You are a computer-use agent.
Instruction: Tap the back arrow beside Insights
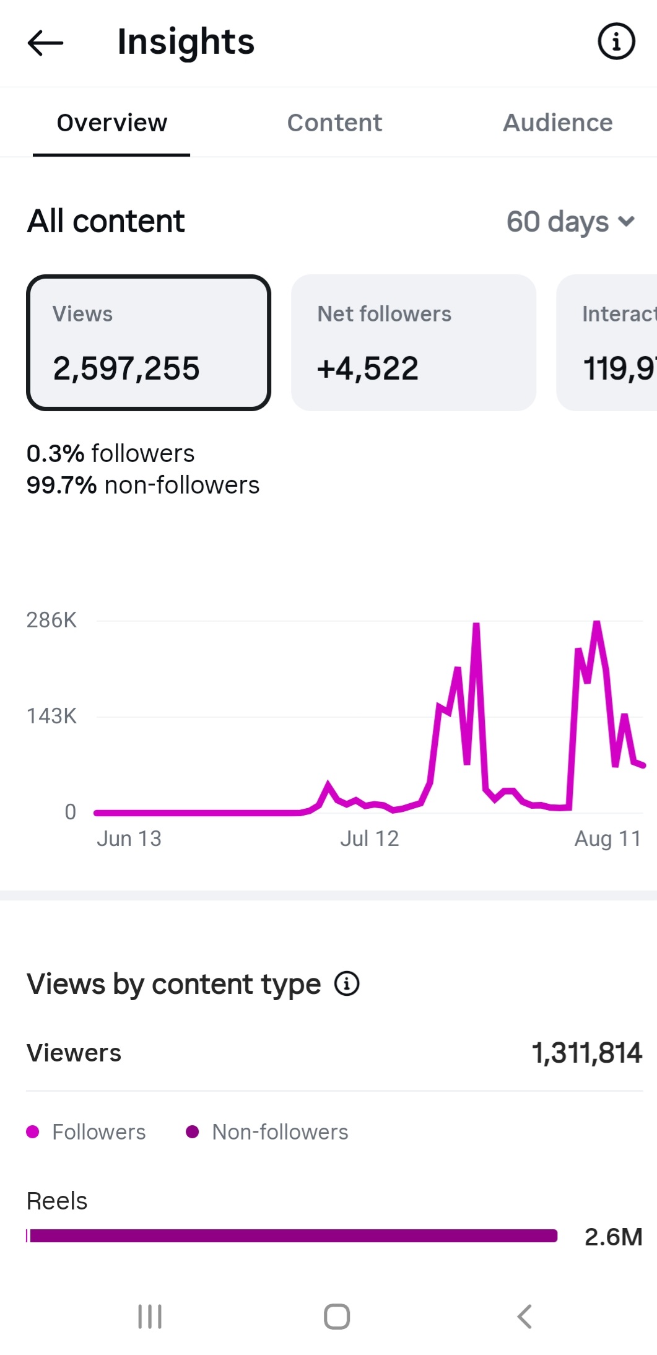click(x=45, y=43)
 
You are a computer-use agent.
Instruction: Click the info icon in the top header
click(x=616, y=41)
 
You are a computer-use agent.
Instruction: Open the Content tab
click(x=334, y=123)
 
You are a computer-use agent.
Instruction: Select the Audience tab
click(x=557, y=123)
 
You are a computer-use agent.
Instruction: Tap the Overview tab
click(x=112, y=123)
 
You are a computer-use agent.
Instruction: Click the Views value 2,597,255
click(x=126, y=368)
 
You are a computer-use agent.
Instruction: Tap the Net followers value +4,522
click(x=368, y=368)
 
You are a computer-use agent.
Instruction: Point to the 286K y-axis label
click(x=51, y=620)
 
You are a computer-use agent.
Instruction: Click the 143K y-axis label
click(x=51, y=716)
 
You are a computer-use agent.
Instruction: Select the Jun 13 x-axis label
click(x=129, y=839)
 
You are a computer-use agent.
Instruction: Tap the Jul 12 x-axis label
click(x=370, y=839)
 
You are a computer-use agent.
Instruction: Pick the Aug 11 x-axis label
click(x=607, y=839)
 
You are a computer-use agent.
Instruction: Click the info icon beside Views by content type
click(x=347, y=983)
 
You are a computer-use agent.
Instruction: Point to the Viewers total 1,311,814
click(x=587, y=1053)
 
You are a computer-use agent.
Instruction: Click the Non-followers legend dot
click(x=192, y=1132)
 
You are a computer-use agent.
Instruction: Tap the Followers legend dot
click(x=33, y=1132)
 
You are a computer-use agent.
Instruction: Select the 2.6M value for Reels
click(x=614, y=1237)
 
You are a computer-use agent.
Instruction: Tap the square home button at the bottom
click(x=337, y=1317)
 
